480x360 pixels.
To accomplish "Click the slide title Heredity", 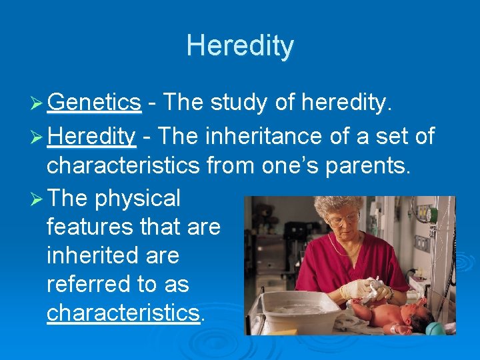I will (x=240, y=46).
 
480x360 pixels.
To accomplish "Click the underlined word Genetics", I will (x=94, y=102).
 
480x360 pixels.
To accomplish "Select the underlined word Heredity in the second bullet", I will (x=91, y=137).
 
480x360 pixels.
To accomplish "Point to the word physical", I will (x=137, y=198).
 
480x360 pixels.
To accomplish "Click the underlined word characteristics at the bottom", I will (x=123, y=313).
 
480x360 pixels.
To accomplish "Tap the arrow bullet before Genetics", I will (x=37, y=103).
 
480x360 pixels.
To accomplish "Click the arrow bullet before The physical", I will (x=37, y=199).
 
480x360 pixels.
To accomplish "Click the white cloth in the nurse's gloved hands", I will (x=377, y=288).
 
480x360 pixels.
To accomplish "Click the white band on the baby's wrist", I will (x=398, y=327).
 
